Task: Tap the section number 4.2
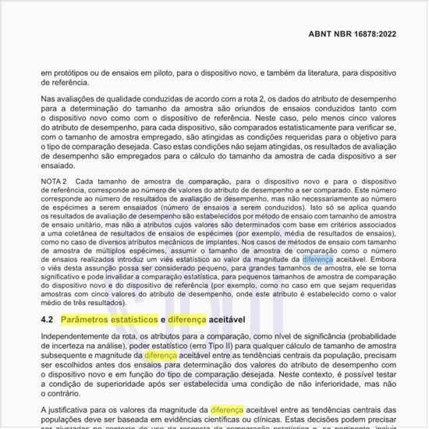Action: pos(47,321)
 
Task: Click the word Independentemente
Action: pos(79,337)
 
